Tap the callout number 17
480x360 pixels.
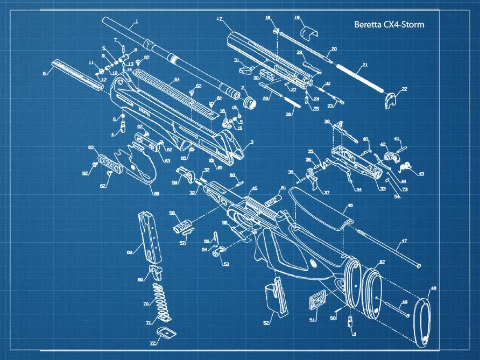pos(220,19)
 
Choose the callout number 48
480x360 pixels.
pos(433,289)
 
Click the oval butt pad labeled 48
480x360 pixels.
pos(423,318)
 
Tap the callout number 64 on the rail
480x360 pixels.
pos(176,80)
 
